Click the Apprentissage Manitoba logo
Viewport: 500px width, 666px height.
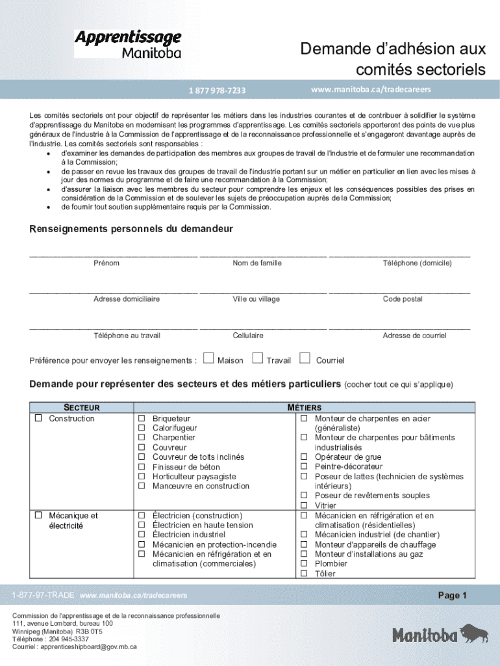(127, 44)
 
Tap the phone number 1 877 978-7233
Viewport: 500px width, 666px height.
(217, 90)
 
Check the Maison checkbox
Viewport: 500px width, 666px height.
(208, 358)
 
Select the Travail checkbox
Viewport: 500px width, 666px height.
(257, 358)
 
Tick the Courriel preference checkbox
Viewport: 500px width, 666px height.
(305, 358)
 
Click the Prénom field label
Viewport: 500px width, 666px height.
(106, 263)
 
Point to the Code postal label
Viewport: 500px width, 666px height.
(402, 299)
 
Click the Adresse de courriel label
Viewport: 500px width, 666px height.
(414, 336)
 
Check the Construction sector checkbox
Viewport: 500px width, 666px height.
(39, 418)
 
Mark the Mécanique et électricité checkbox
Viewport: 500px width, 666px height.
(39, 516)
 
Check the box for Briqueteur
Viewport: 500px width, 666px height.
(141, 419)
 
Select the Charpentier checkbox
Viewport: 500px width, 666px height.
(141, 438)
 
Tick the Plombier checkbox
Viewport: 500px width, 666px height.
(303, 564)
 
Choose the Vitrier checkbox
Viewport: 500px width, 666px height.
(303, 505)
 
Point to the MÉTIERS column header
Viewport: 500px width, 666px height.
(304, 408)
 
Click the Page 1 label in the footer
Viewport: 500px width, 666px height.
(452, 596)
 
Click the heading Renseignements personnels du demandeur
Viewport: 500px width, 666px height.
(131, 229)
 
